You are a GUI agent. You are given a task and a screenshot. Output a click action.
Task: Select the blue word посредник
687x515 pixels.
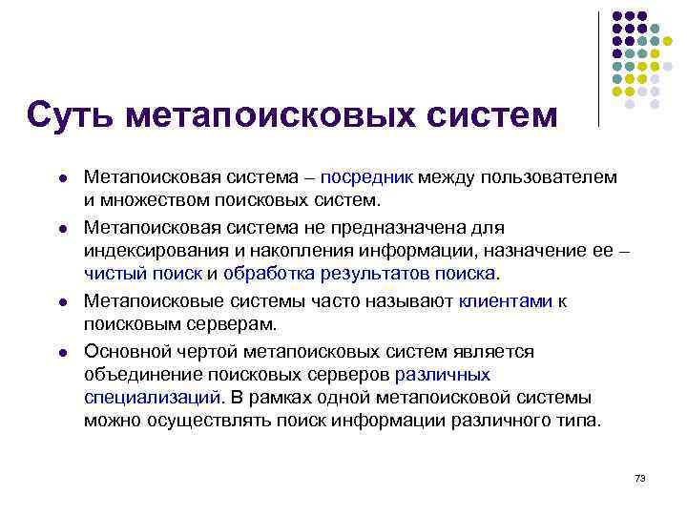pos(366,177)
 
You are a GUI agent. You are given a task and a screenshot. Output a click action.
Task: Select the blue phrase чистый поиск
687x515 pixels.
pos(143,274)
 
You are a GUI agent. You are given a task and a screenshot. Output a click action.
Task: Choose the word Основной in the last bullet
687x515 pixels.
pos(122,351)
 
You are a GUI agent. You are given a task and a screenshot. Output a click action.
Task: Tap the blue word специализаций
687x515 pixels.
pos(152,397)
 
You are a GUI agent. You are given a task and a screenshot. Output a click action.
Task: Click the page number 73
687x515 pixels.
pos(639,477)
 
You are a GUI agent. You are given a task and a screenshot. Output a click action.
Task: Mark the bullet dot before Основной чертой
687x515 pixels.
pos(60,353)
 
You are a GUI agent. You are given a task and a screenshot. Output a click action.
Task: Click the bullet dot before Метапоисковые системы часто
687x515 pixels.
pos(60,302)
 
